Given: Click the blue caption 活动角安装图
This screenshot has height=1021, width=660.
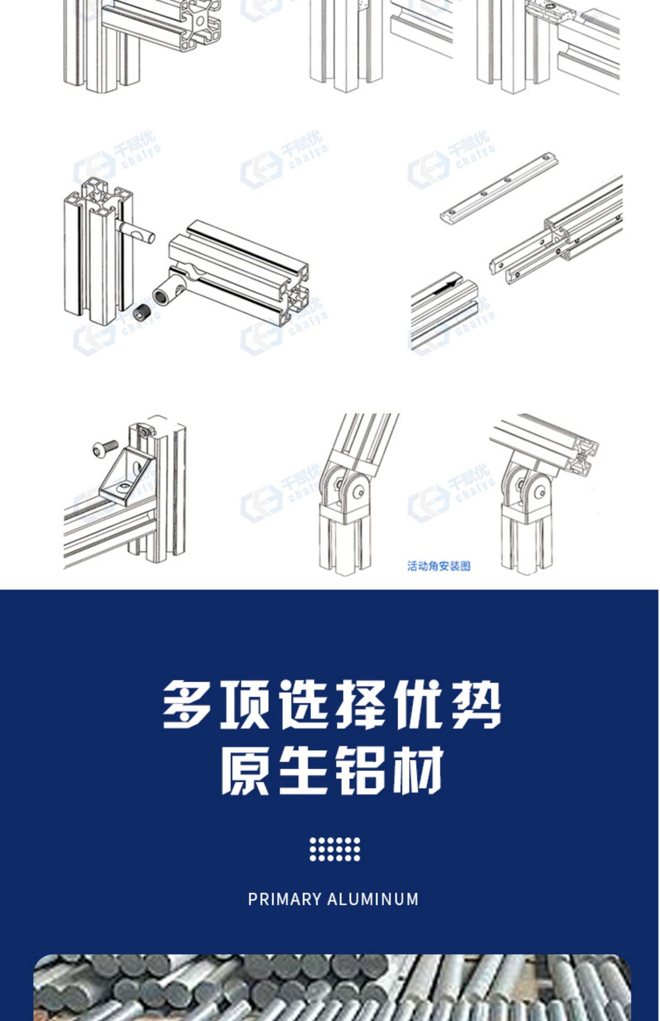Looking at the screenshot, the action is coord(439,566).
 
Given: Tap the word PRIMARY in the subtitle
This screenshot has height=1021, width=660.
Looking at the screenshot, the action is coord(285,899).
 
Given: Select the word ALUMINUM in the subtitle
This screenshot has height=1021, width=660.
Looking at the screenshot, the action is coord(373,899).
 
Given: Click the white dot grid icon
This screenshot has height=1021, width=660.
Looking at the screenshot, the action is coord(335,849).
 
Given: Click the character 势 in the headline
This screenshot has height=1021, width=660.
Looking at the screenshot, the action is coord(476,705).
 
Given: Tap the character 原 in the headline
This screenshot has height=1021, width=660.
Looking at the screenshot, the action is coord(245,770).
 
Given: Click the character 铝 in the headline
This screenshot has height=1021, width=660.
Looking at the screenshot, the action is coord(360,770).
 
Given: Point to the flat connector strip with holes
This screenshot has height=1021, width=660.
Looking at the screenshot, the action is coord(499,188).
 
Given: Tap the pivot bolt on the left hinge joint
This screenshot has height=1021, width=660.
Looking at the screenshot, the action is coord(360,492).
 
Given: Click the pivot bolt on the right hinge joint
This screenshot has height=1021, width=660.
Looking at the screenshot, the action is coord(541,491).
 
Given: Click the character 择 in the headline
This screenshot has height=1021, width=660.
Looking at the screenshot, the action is coord(362,705).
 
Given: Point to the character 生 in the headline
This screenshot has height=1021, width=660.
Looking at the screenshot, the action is coord(302,770).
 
